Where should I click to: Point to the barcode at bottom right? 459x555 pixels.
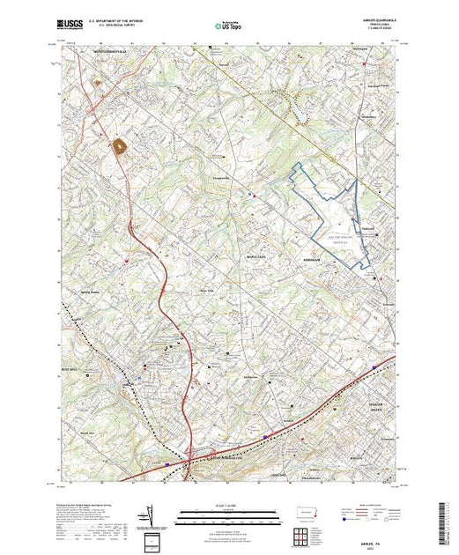click(446, 520)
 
